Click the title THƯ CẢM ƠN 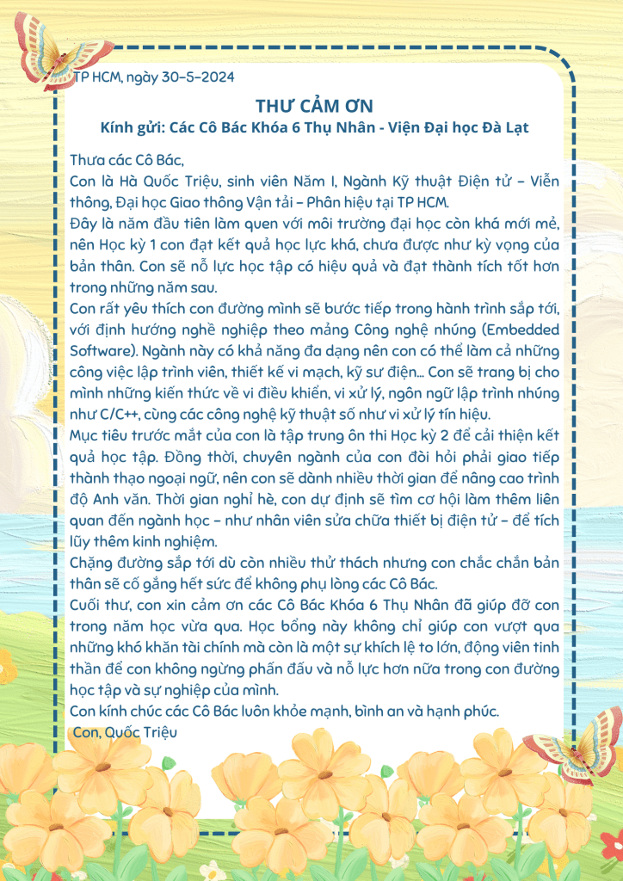313,106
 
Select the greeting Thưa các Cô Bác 126,159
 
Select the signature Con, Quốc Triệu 126,732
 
